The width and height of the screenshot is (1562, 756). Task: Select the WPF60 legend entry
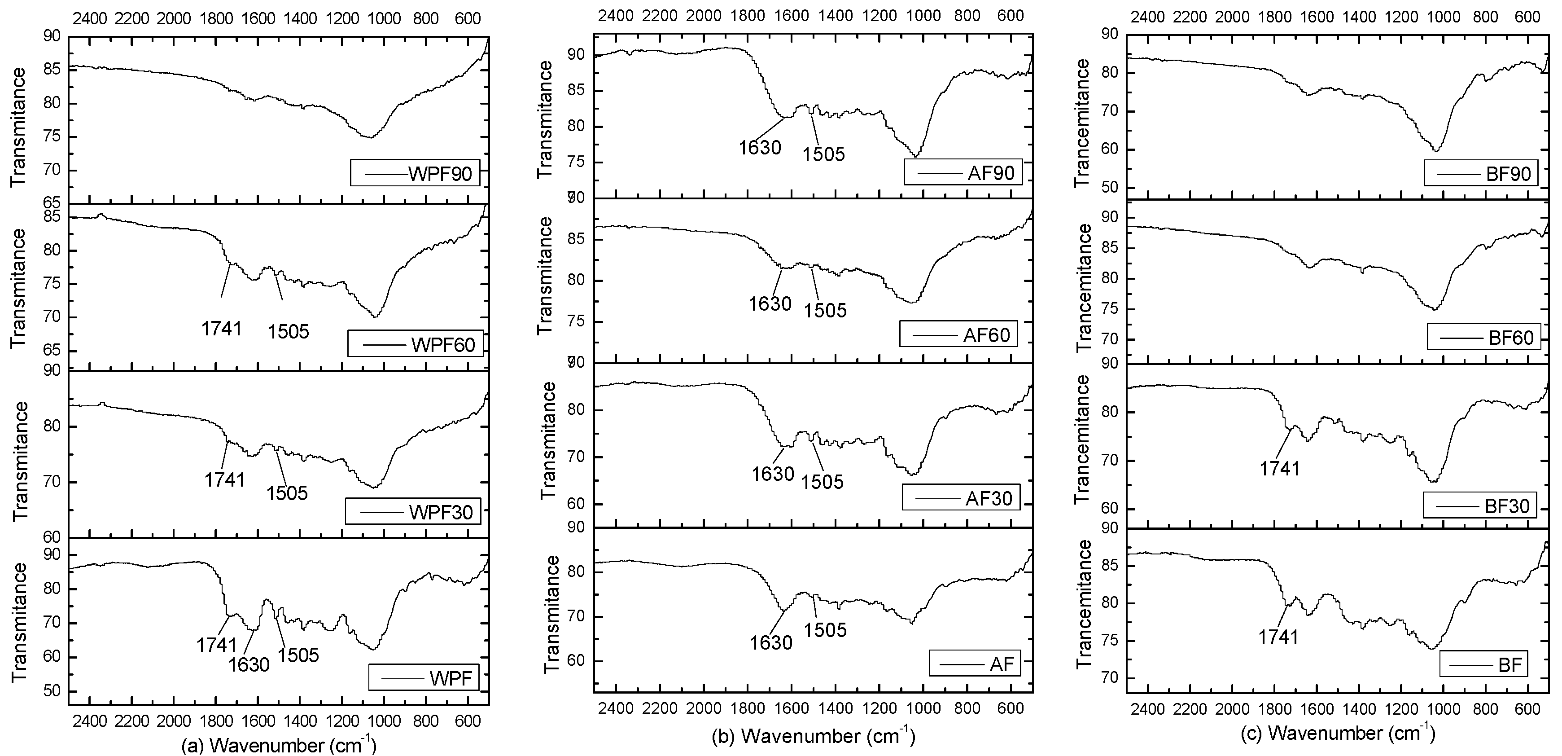tap(416, 344)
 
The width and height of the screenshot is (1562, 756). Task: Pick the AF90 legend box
tap(963, 172)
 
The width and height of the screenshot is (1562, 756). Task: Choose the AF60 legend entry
tap(958, 334)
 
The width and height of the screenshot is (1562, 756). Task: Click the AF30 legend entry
tap(961, 498)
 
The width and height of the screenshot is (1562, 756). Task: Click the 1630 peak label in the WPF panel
tap(249, 665)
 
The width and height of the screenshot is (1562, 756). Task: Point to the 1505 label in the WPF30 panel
tap(287, 492)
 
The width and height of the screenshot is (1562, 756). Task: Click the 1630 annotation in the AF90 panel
tap(760, 147)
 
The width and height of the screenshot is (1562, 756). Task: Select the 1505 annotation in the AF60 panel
tap(825, 310)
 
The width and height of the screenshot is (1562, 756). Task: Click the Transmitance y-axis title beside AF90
tap(545, 119)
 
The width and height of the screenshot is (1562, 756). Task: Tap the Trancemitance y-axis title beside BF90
tap(1082, 123)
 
